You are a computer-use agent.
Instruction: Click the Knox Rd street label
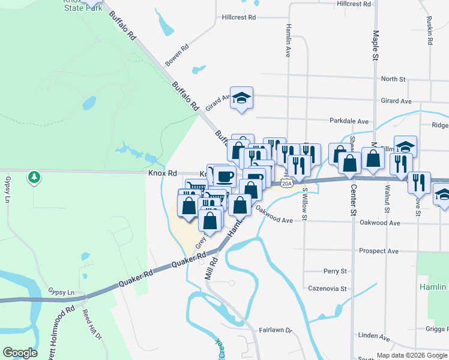(162, 173)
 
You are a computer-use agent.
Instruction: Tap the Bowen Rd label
(177, 55)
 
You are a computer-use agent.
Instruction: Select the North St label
(393, 79)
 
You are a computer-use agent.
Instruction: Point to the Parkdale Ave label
(349, 121)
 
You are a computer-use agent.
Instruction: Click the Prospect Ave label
(378, 250)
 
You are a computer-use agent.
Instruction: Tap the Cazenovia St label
(327, 289)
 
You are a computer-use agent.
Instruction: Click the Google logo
(20, 353)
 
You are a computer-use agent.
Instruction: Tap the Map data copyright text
(412, 355)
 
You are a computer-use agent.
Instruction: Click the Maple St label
(376, 45)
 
